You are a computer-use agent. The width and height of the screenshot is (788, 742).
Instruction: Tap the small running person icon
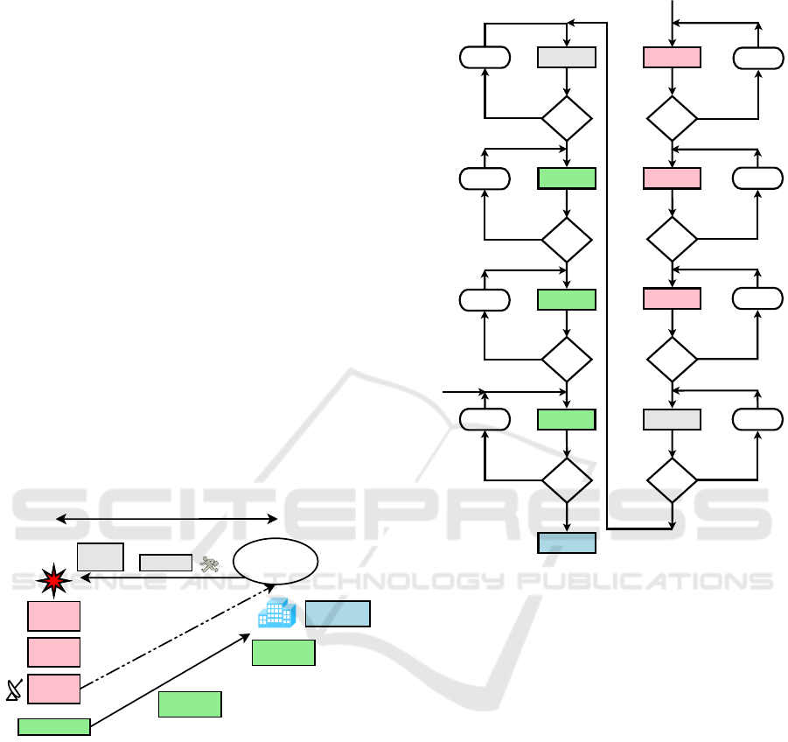click(x=209, y=564)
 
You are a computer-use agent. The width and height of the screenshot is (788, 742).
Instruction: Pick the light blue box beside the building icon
click(x=338, y=613)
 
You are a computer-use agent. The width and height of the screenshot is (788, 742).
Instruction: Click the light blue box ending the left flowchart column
click(x=567, y=542)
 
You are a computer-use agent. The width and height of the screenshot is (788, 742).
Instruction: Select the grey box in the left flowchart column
click(x=567, y=58)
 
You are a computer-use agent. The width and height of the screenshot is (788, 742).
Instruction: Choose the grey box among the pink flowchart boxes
click(x=672, y=420)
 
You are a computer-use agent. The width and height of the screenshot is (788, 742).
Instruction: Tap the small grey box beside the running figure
click(x=165, y=563)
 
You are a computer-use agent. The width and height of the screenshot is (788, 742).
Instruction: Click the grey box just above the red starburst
click(x=100, y=556)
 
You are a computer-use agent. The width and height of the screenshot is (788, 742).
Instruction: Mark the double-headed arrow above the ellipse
click(x=166, y=519)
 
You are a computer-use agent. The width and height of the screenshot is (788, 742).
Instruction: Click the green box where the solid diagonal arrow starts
click(x=54, y=726)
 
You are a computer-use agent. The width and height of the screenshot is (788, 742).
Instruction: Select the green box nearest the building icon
click(x=283, y=653)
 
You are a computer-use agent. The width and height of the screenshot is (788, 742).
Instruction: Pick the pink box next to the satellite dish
click(x=53, y=689)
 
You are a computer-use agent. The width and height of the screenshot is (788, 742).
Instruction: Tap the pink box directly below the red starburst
click(x=53, y=615)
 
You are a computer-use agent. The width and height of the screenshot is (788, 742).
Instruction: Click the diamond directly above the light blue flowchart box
click(x=567, y=478)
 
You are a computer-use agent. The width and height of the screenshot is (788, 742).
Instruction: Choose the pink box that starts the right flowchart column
click(x=672, y=58)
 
